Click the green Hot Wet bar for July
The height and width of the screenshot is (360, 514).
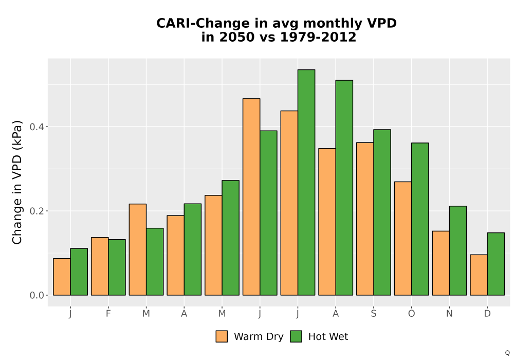[x=306, y=182]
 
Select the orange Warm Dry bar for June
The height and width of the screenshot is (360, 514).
[x=251, y=197]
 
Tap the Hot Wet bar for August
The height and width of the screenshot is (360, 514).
[x=344, y=188]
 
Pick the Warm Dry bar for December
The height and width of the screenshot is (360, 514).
[x=479, y=275]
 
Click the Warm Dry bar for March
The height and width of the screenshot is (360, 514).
[x=138, y=249]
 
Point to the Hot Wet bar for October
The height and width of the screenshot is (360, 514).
[x=420, y=219]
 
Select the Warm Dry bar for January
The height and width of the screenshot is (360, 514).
[x=62, y=277]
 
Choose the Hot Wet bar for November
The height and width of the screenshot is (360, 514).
[x=458, y=250]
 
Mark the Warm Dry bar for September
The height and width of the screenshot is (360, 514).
[x=365, y=219]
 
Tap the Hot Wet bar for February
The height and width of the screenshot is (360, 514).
[x=117, y=267]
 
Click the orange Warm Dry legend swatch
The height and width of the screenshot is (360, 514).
[x=222, y=336]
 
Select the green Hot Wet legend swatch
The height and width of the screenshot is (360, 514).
[x=296, y=336]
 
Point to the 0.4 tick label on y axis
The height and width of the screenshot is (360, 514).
[x=36, y=127]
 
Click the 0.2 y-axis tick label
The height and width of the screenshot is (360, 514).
[x=36, y=211]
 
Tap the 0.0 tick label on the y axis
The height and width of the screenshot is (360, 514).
[x=36, y=295]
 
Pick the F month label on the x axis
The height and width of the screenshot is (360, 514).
[x=108, y=313]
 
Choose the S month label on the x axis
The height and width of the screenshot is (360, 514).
[x=373, y=313]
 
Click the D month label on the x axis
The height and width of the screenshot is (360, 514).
[x=487, y=313]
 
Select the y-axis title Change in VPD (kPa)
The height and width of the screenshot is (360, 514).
[x=17, y=182]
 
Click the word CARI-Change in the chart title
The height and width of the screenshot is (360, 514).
[x=203, y=23]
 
